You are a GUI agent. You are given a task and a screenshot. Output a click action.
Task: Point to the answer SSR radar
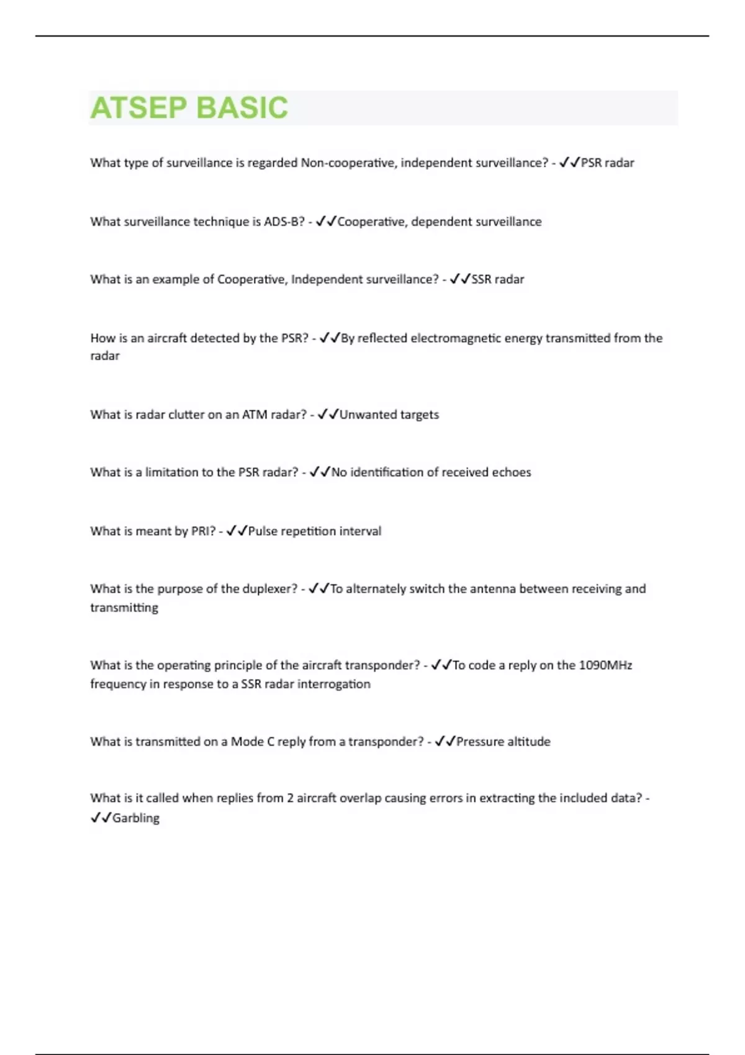(497, 279)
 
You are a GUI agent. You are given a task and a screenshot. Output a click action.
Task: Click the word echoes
(511, 472)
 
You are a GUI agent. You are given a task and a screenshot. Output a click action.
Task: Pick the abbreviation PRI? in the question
(199, 531)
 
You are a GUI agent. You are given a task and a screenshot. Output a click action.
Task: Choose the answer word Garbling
(135, 818)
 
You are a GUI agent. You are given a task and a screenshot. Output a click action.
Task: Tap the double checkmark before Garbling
(100, 818)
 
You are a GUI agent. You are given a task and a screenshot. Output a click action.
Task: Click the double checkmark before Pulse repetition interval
(236, 531)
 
